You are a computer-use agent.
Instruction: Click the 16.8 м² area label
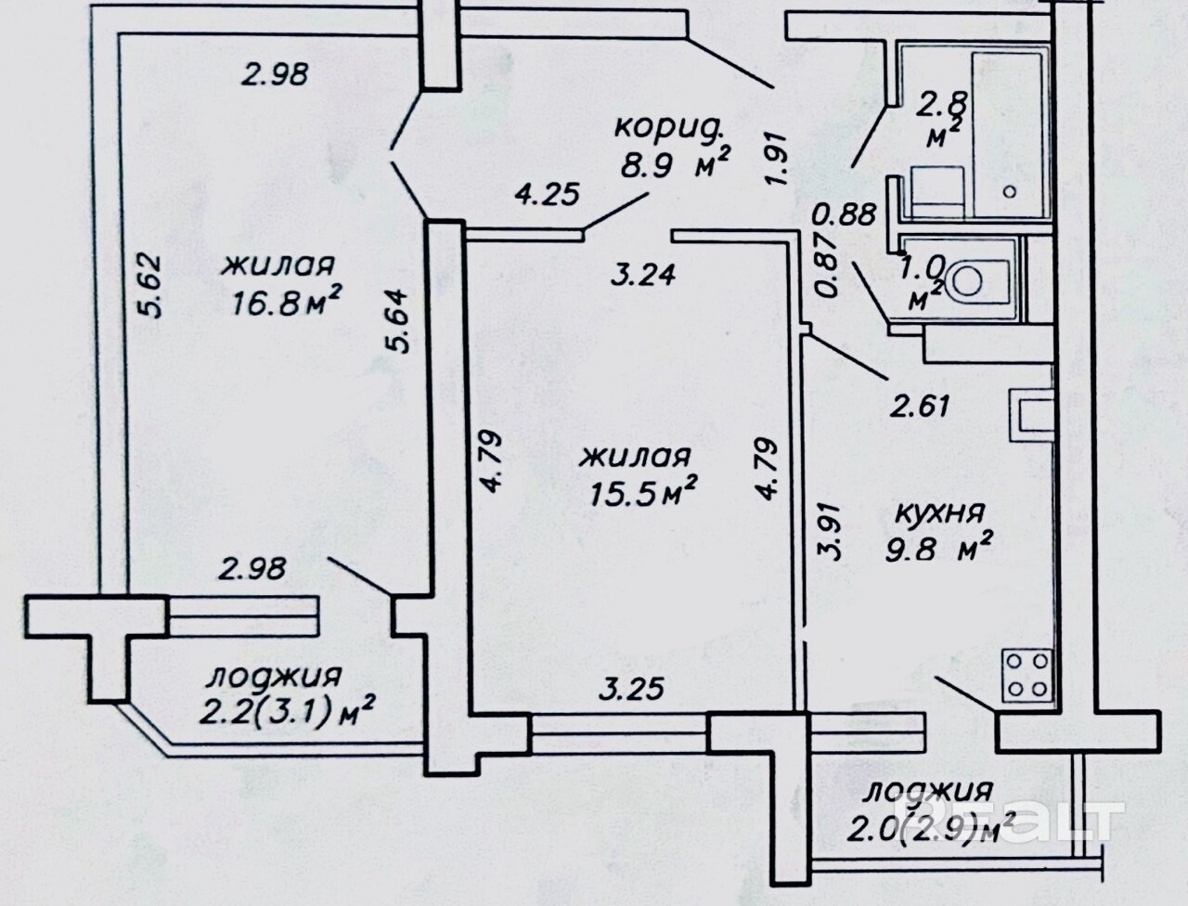coord(287,302)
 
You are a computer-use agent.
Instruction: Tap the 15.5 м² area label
coord(643,491)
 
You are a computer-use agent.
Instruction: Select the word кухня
coord(938,512)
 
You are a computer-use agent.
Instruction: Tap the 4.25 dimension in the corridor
coord(547,194)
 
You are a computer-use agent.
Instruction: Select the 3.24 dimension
coord(642,274)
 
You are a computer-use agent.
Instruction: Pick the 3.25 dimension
coord(631,690)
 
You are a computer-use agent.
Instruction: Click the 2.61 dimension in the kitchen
coord(920,406)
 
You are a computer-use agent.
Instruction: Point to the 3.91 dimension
coord(829,532)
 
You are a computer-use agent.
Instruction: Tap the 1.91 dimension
coord(777,161)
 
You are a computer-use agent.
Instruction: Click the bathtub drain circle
coord(1010,191)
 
